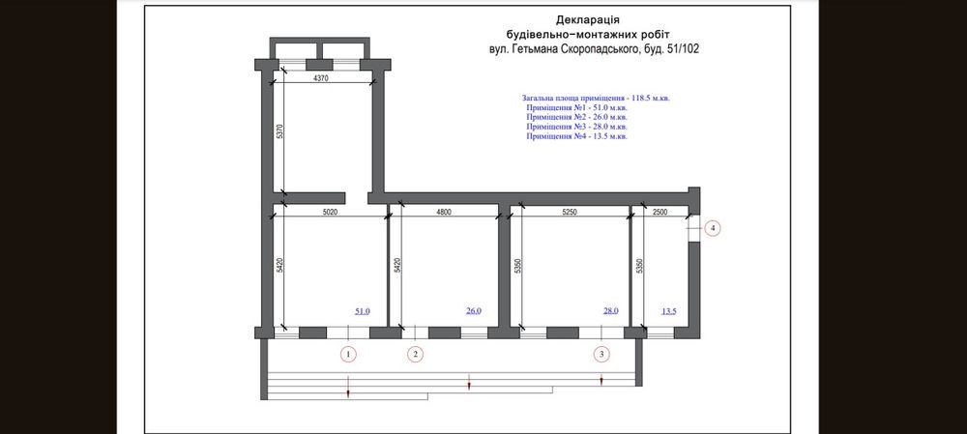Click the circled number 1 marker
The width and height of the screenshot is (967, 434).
pos(349,355)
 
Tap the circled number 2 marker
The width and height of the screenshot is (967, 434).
pos(415,355)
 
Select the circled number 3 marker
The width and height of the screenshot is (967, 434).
pos(602,355)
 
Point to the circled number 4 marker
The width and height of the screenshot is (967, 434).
pos(712,229)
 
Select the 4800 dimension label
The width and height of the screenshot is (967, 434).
pos(442,213)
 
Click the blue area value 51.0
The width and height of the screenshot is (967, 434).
pos(363,311)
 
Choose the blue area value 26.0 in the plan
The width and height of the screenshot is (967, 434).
pos(474,311)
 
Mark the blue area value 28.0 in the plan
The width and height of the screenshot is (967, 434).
pos(610,311)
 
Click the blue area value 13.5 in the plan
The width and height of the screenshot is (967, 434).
pos(669,311)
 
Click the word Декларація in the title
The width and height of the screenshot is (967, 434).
pos(588,19)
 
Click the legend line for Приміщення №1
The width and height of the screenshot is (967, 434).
pos(577,108)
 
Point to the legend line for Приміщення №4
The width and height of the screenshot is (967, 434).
pos(577,137)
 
